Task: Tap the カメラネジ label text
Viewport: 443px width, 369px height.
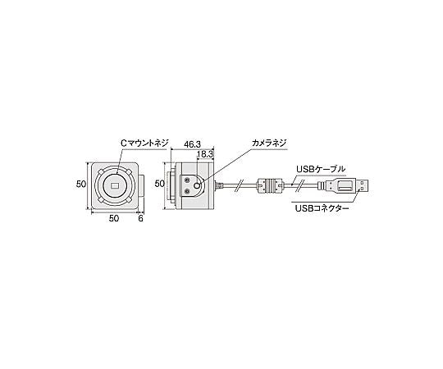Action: point(268,143)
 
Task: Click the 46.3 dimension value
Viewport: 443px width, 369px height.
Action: point(190,143)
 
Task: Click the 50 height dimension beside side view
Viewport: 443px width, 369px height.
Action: point(161,185)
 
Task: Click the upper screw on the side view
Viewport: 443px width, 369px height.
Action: point(188,180)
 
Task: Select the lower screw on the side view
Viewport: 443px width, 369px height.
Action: point(188,192)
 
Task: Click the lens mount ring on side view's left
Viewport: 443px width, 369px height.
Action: point(171,185)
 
